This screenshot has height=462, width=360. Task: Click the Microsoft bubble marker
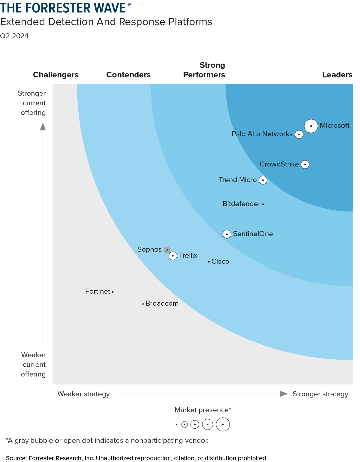[311, 126]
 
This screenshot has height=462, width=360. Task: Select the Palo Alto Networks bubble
[299, 134]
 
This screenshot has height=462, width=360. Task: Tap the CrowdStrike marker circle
[305, 164]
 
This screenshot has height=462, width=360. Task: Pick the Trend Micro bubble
[263, 180]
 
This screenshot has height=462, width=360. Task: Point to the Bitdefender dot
[263, 204]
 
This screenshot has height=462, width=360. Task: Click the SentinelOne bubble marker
[227, 234]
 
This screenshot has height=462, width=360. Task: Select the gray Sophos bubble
[167, 250]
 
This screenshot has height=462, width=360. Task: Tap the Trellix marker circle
[173, 256]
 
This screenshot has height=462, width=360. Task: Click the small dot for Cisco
[209, 262]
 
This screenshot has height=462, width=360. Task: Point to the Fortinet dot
[113, 292]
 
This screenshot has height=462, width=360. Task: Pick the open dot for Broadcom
[143, 304]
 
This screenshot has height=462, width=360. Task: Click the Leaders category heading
[337, 75]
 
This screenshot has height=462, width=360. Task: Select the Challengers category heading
[56, 75]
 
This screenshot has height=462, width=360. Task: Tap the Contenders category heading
[128, 75]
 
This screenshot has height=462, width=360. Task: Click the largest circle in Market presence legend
[223, 424]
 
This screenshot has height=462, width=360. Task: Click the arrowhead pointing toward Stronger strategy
[284, 394]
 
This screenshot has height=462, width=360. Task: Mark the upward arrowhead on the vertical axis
[43, 127]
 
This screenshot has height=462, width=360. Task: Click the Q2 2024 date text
[14, 36]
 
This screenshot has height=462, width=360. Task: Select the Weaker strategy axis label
[84, 394]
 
